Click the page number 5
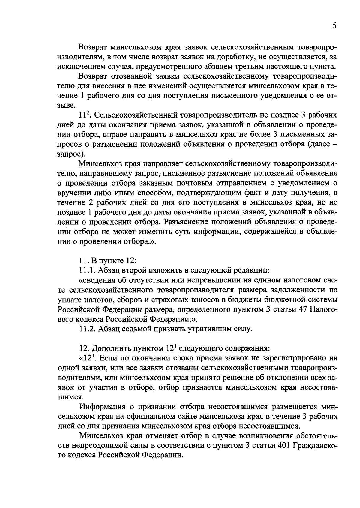pyautogui.click(x=334, y=26)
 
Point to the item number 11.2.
pyautogui.click(x=87, y=329)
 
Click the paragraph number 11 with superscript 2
pyautogui.click(x=83, y=115)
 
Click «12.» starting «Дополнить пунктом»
pyautogui.click(x=84, y=348)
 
